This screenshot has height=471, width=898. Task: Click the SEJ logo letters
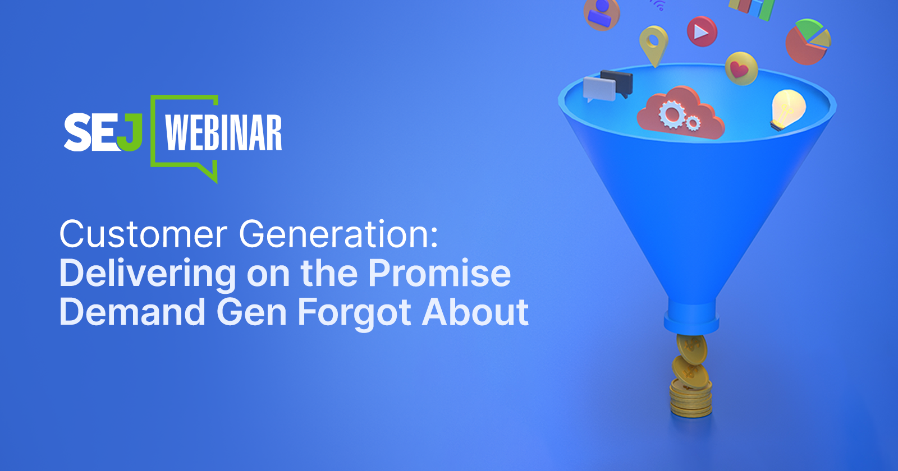click(x=103, y=132)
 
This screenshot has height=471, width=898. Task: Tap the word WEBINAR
click(x=224, y=133)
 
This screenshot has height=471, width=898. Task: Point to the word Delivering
click(x=148, y=275)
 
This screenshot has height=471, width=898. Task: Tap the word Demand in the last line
click(x=132, y=312)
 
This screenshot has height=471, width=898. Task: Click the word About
click(x=475, y=312)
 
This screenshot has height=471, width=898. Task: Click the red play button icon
click(x=702, y=31)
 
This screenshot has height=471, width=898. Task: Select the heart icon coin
click(x=741, y=68)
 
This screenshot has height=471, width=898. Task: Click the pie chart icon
click(x=808, y=41)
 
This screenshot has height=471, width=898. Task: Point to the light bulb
click(x=787, y=109)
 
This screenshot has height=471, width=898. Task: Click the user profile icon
click(x=601, y=14)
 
